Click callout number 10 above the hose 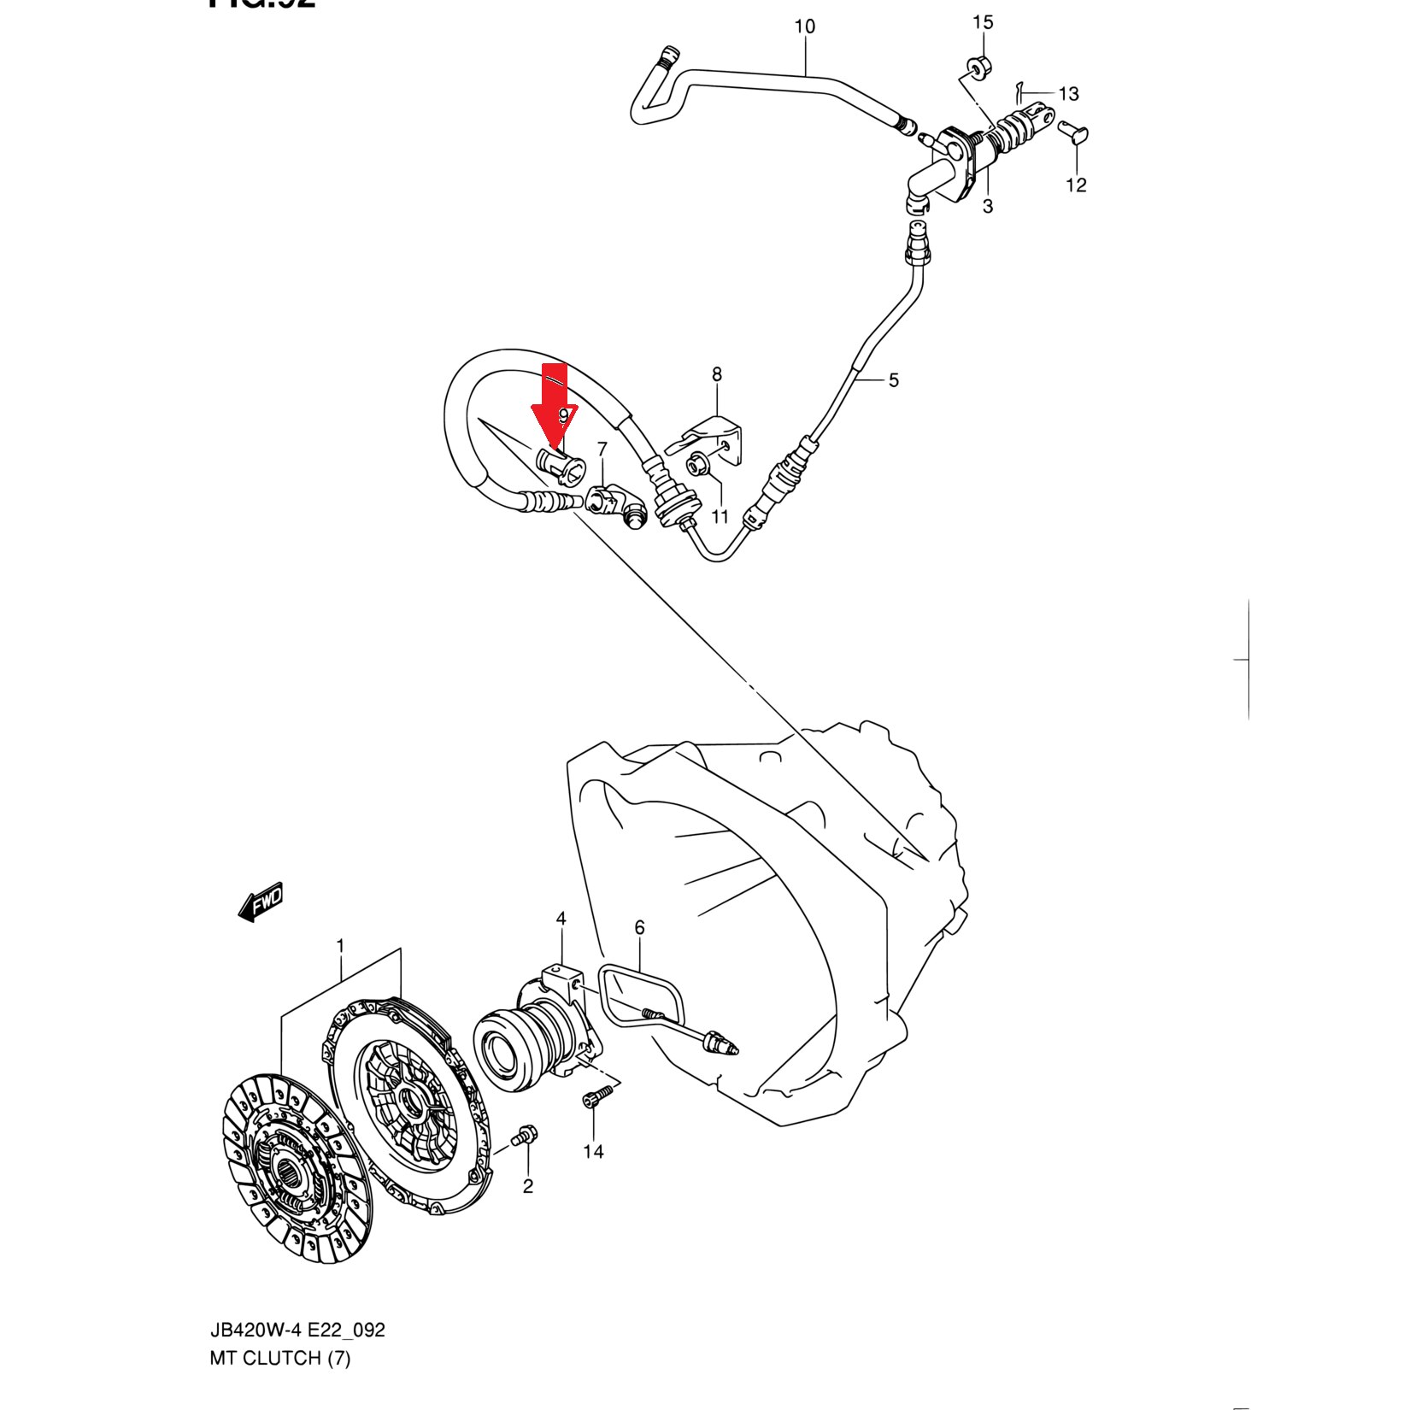pyautogui.click(x=805, y=27)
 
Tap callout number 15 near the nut pyautogui.click(x=983, y=23)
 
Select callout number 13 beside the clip pyautogui.click(x=1068, y=94)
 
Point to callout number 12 pyautogui.click(x=1076, y=185)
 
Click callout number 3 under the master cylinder pyautogui.click(x=988, y=206)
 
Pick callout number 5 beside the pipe pyautogui.click(x=894, y=380)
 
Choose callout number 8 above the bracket pyautogui.click(x=717, y=374)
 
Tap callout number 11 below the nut pyautogui.click(x=720, y=516)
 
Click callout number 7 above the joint pyautogui.click(x=602, y=449)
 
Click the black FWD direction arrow pyautogui.click(x=261, y=902)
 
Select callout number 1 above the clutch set pyautogui.click(x=341, y=946)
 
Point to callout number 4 pyautogui.click(x=561, y=919)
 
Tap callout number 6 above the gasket pyautogui.click(x=639, y=928)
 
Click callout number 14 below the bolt pyautogui.click(x=593, y=1152)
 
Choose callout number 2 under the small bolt pyautogui.click(x=528, y=1186)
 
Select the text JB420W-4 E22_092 pyautogui.click(x=297, y=1331)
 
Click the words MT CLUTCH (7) pyautogui.click(x=280, y=1358)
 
